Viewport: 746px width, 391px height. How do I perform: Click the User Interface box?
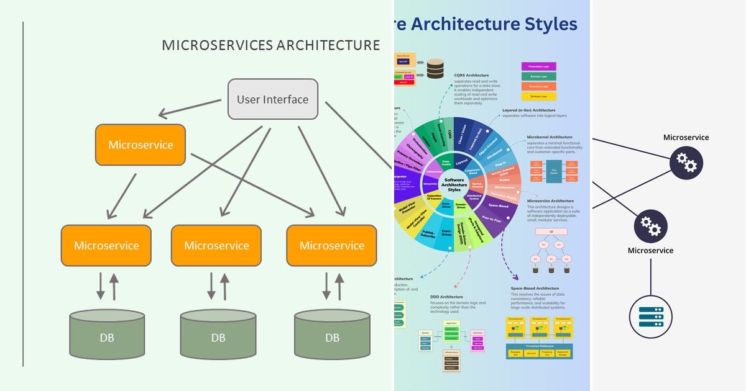pos(272,99)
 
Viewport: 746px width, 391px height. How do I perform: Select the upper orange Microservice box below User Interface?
pos(140,145)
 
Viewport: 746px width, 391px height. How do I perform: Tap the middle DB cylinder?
pos(218,335)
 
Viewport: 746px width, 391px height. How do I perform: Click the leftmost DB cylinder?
pos(107,335)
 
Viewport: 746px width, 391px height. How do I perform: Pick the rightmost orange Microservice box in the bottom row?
pos(331,245)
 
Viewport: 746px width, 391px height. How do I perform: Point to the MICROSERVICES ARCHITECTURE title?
pos(270,45)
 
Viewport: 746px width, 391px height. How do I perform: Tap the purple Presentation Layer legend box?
pos(538,66)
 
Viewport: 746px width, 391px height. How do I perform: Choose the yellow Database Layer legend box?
pos(538,97)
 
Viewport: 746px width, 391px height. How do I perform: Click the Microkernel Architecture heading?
pos(558,137)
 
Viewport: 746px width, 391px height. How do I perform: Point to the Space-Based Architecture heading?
pos(535,289)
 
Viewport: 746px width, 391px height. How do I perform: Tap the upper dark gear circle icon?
pos(686,163)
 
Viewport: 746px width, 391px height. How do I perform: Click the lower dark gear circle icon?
pos(650,227)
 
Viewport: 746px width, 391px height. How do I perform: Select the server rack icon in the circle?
pos(650,315)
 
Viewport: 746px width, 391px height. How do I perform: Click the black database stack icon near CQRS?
pos(435,68)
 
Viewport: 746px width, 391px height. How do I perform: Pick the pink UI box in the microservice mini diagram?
pos(550,232)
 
